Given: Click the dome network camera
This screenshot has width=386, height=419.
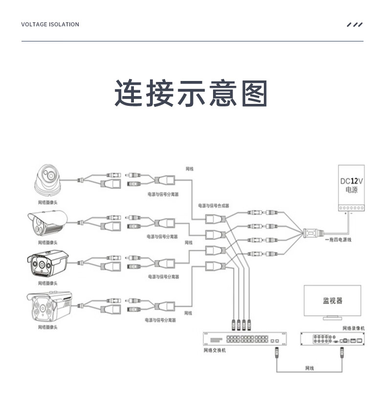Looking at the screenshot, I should coord(48,179).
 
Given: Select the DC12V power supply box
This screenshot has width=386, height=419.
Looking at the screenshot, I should coord(351,188).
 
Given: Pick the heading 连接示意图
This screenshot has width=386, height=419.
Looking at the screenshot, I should coord(192,93).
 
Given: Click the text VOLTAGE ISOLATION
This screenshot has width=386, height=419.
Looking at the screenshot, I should coord(50,24).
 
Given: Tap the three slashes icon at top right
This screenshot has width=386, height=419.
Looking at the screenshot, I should coord(355,24).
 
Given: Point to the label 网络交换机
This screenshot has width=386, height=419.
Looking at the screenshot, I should coord(214,350).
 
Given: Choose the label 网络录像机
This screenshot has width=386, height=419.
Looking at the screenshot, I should coord(353,328).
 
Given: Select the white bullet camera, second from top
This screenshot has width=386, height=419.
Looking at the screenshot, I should coord(46,221).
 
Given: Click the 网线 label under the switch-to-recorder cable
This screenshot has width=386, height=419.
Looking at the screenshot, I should coord(309,368).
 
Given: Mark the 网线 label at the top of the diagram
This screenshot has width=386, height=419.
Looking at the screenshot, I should coord(190,169).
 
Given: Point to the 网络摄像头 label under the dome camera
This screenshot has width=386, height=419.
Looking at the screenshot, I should coord(48,201).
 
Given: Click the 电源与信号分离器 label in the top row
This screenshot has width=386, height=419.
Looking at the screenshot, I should coord(163,194).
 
